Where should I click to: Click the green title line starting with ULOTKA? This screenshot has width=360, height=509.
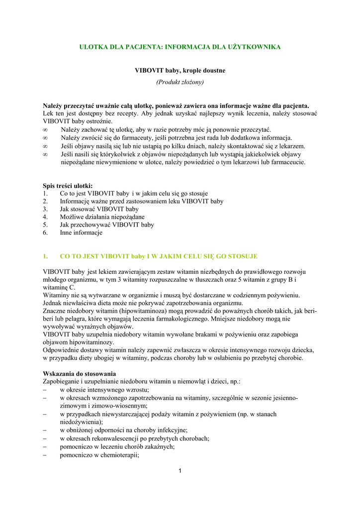tap(180, 47)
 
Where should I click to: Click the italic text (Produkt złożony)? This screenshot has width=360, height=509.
tap(180, 82)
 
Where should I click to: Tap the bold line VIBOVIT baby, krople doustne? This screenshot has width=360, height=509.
tap(180, 71)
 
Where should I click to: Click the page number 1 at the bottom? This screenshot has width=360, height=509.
tap(180, 471)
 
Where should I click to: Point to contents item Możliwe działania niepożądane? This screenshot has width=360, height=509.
tap(102, 217)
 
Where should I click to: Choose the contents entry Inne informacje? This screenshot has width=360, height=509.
tap(81, 233)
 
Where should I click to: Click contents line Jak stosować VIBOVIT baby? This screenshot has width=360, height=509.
tap(99, 209)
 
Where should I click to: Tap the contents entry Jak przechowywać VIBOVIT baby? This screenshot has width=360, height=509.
tap(107, 225)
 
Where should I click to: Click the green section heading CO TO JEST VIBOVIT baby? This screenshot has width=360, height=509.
tap(159, 256)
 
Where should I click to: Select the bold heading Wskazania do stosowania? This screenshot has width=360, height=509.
tap(80, 373)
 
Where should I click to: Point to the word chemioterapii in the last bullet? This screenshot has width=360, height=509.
tap(117, 455)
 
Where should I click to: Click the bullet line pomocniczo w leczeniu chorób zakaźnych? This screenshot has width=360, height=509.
tap(117, 446)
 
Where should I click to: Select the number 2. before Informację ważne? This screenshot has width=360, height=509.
tap(46, 201)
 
